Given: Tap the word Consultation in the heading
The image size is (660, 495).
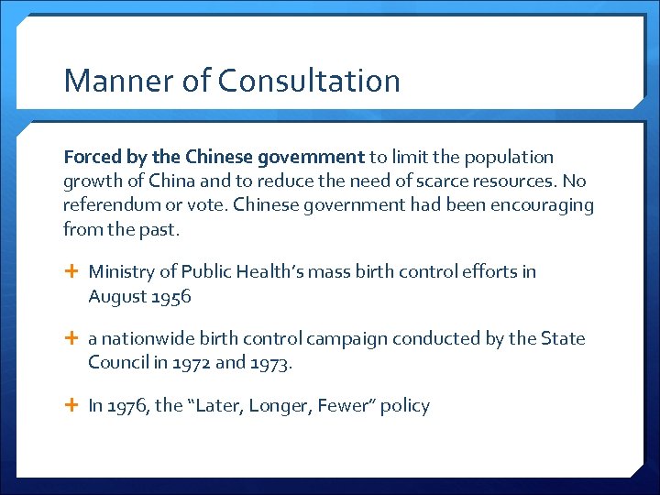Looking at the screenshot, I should pos(309,81).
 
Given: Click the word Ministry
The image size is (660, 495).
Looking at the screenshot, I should pos(120,272).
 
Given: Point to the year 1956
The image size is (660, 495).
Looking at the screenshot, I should pos(171,296).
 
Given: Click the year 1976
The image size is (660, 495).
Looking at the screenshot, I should pos(128,406).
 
